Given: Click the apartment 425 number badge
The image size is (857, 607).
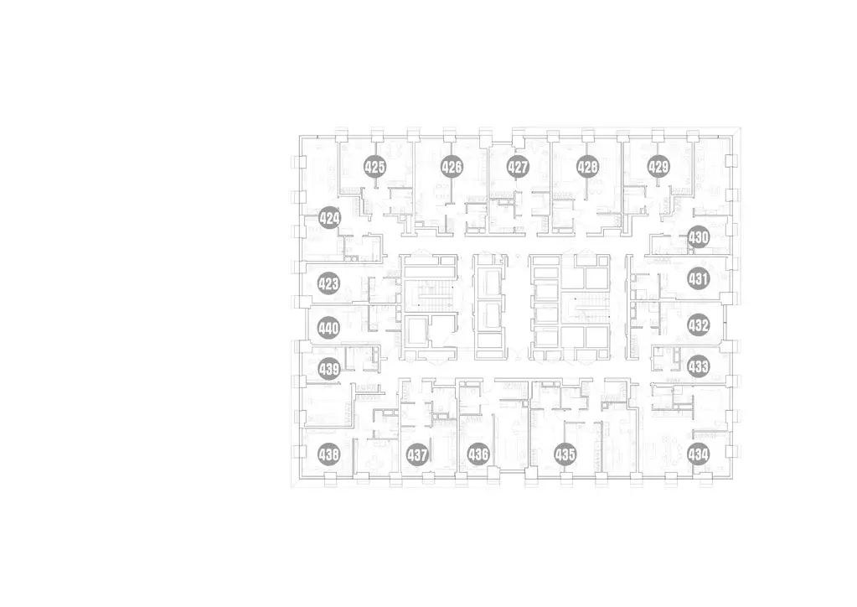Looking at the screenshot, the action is (375, 167).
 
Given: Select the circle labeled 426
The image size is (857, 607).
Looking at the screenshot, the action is (452, 167).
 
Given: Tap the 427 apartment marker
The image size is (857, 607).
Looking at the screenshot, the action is (518, 167).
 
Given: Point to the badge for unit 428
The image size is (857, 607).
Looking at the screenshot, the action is (587, 167).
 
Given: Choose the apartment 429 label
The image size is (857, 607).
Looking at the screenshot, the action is (658, 167).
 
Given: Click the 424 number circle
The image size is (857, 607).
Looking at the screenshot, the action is (329, 219).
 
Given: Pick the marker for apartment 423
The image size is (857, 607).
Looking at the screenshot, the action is (328, 284).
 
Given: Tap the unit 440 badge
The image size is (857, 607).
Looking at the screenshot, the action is (328, 328).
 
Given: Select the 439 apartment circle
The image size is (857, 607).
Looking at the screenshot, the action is (329, 369).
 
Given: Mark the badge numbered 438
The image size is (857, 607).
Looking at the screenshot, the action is (329, 454).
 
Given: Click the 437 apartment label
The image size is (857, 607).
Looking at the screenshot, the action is (417, 454).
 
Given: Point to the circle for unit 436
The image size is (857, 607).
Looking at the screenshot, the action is (478, 454).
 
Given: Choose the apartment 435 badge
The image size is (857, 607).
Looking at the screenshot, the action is (565, 454).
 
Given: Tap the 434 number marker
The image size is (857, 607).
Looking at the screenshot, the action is (699, 454).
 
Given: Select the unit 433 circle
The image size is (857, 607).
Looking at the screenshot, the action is (699, 366).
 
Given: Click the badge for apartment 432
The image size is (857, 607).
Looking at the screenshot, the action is (699, 325).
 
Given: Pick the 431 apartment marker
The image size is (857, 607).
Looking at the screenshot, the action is (699, 279).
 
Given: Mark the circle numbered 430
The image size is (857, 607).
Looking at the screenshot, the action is (699, 237).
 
